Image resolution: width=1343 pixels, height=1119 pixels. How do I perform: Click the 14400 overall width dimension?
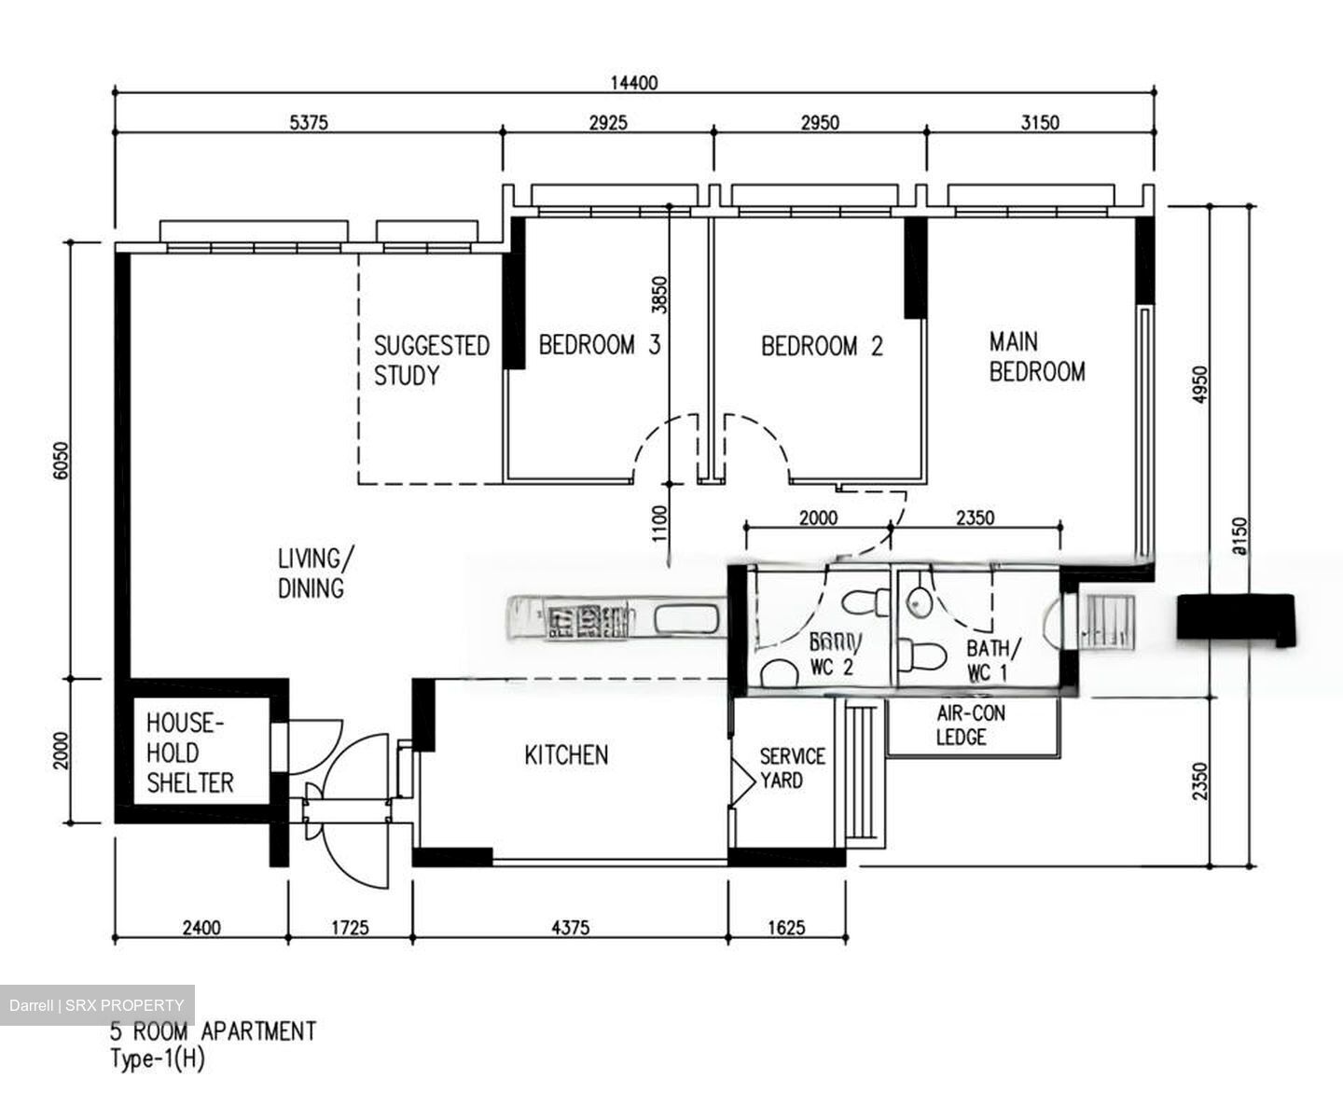click(634, 83)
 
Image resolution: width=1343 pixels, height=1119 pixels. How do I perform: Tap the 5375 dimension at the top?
click(309, 122)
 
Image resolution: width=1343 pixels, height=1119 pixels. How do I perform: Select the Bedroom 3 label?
click(599, 346)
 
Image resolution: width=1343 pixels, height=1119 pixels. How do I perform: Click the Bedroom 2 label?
click(822, 347)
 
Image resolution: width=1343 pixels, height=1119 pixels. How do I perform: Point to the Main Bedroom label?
click(1036, 356)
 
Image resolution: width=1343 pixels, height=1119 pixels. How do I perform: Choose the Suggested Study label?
click(431, 361)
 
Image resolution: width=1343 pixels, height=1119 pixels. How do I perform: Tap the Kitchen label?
click(566, 754)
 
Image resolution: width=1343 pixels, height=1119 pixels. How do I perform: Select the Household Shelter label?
click(189, 753)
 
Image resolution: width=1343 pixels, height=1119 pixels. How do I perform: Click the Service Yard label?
click(792, 767)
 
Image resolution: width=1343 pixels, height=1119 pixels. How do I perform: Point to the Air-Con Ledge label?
click(971, 725)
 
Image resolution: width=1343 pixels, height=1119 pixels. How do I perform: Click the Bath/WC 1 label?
click(992, 660)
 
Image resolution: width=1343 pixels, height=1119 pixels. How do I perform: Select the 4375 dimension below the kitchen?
click(570, 928)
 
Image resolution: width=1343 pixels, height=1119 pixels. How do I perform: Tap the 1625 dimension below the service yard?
click(787, 928)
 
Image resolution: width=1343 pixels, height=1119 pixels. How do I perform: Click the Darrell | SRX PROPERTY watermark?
click(97, 1005)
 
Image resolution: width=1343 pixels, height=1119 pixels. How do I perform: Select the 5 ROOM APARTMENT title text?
click(214, 1031)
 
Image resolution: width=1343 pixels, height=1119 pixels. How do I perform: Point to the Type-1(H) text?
click(157, 1060)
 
